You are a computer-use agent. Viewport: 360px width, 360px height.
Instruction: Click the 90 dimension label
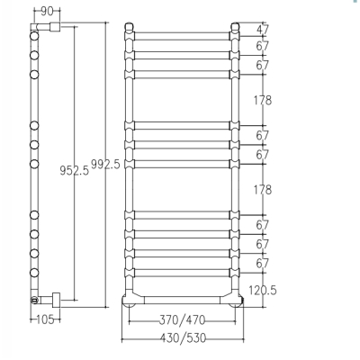coord(47,12)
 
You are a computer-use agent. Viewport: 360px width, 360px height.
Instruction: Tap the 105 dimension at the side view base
coord(45,319)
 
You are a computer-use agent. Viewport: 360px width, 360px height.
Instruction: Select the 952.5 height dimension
coord(75,171)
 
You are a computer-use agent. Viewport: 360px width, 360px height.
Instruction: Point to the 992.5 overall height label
coord(105,165)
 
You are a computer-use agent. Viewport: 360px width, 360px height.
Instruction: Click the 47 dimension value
coord(263,30)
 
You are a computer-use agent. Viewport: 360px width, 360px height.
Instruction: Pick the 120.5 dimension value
coord(263,290)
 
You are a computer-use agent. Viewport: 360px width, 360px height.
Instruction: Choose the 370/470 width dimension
coord(182,320)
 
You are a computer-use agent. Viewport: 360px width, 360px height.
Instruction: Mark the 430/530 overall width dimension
coord(183,338)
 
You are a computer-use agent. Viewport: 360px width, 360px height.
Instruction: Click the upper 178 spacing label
coord(263,100)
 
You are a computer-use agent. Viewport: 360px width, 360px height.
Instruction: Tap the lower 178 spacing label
coord(263,190)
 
